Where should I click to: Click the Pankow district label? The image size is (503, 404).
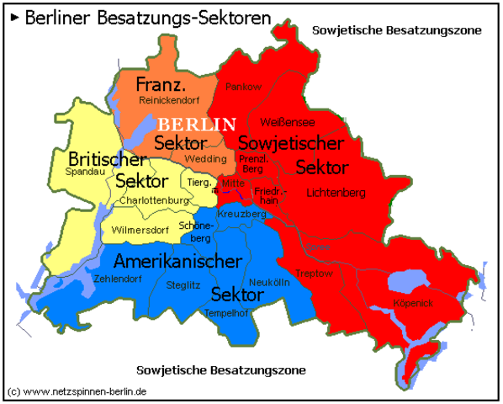point(243,87)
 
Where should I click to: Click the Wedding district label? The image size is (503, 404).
point(206,158)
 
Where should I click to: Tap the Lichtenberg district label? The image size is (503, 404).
point(336,193)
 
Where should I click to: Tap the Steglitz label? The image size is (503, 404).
point(183,285)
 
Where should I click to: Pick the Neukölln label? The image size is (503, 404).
point(269,282)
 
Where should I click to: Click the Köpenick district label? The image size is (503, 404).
point(412,301)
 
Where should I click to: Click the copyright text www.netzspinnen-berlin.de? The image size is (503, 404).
point(77,392)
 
